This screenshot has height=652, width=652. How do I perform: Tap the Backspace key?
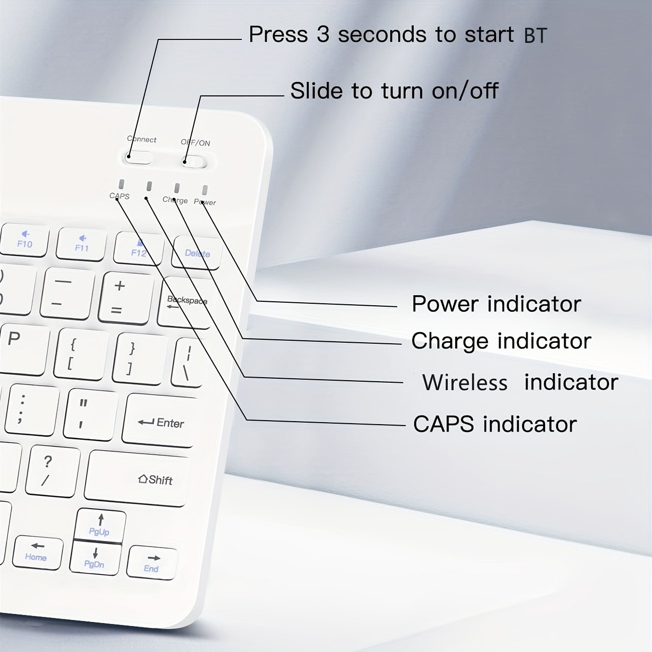(x=185, y=303)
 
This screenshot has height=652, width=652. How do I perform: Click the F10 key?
(x=24, y=240)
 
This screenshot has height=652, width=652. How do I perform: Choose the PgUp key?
(x=99, y=526)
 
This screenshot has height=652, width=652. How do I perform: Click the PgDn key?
(x=95, y=559)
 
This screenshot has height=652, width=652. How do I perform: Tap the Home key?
(x=37, y=553)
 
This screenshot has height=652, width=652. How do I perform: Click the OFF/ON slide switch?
(x=194, y=161)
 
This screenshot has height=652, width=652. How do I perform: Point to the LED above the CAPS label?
(x=121, y=184)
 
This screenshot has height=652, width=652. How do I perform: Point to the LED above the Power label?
(x=204, y=190)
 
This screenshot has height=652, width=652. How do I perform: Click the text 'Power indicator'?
(x=496, y=304)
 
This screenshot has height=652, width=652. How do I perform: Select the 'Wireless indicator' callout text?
(x=520, y=383)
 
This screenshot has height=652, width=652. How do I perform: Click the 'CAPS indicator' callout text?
(x=495, y=424)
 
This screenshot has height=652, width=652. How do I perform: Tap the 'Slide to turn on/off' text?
(x=394, y=91)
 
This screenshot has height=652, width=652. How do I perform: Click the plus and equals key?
(x=125, y=298)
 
